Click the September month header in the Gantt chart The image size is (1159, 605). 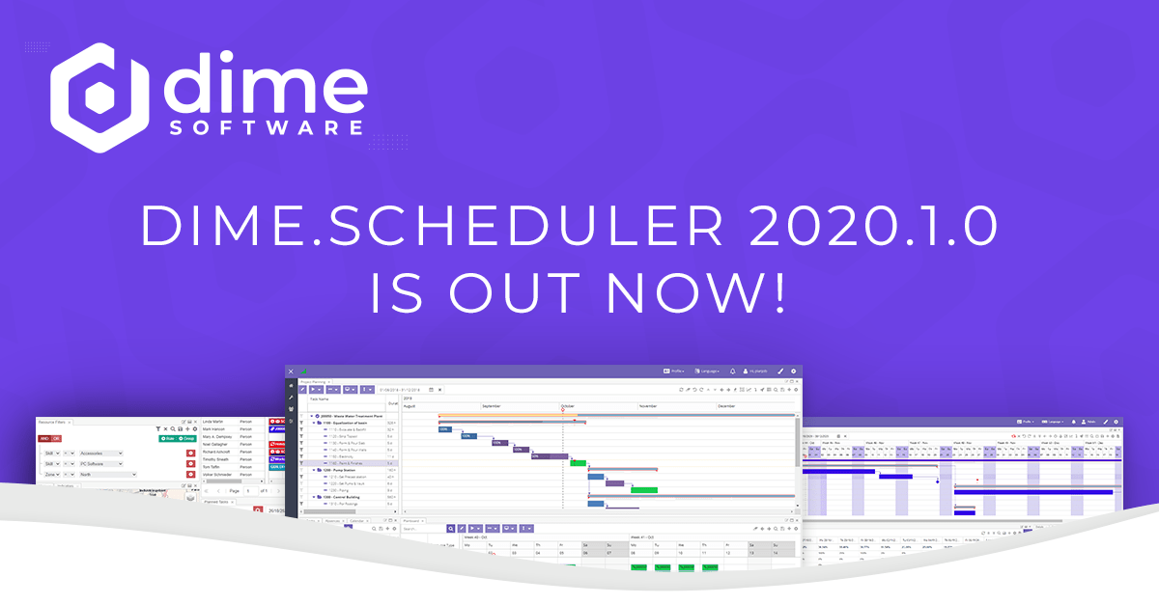[499, 407]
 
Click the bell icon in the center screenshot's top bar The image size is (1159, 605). [732, 371]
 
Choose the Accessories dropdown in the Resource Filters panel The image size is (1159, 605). [100, 453]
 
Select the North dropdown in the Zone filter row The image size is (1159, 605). [100, 474]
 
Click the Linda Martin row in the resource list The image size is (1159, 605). [219, 422]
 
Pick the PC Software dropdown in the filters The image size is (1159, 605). [100, 463]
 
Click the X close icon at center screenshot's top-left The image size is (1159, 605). [291, 371]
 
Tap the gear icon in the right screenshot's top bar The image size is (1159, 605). [1117, 423]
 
